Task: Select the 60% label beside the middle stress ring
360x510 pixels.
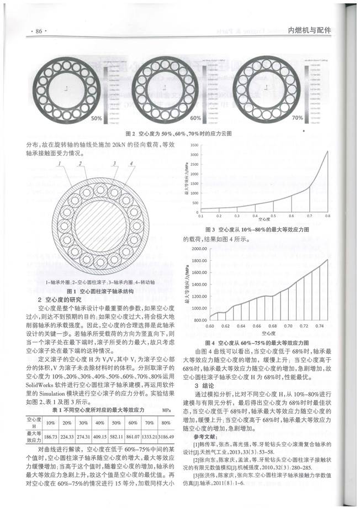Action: click(195, 118)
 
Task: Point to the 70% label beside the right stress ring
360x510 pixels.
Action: click(298, 118)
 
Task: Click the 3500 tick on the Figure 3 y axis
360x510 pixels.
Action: click(193, 145)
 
